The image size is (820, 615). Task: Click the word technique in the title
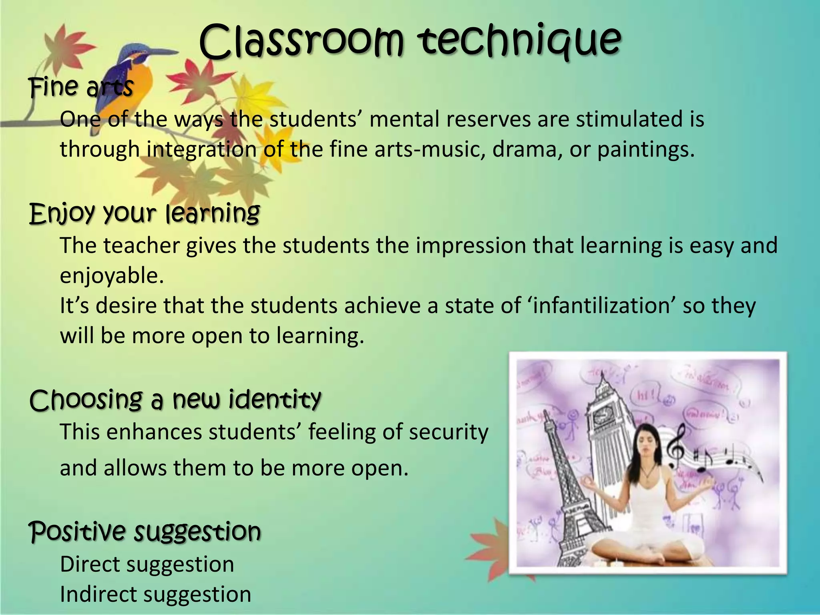tap(519, 41)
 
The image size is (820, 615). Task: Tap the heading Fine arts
tap(81, 87)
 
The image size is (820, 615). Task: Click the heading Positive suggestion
tap(145, 531)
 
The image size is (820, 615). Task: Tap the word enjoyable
tap(112, 276)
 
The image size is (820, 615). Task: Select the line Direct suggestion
tap(147, 564)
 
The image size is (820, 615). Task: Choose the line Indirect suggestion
tap(155, 594)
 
